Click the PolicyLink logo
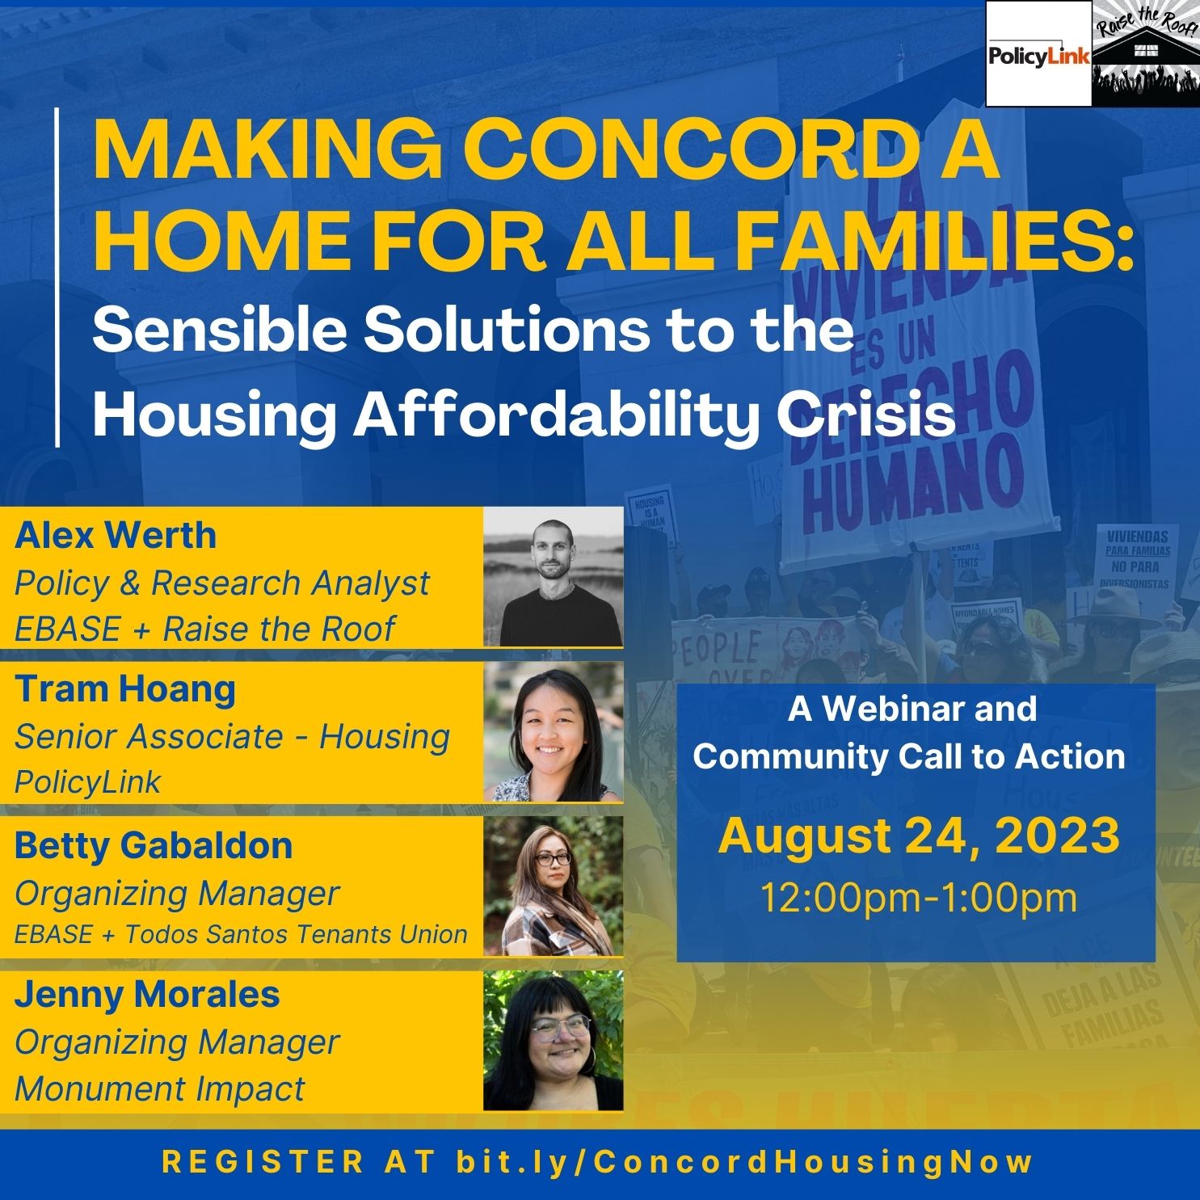pos(1038,54)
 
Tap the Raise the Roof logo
pos(1145,54)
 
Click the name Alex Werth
pos(116,536)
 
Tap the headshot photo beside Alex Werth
pos(554,577)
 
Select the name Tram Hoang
pos(125,689)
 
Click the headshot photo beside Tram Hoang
pos(554,732)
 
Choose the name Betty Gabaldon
pos(154,846)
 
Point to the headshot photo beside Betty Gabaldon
pos(554,886)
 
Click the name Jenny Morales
pos(147,995)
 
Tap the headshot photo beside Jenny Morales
pos(554,1041)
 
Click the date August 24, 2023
pos(919,836)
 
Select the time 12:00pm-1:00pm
pos(919,898)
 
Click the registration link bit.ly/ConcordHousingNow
pos(744,1162)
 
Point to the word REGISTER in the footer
pos(263,1162)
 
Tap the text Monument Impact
pos(160,1088)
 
